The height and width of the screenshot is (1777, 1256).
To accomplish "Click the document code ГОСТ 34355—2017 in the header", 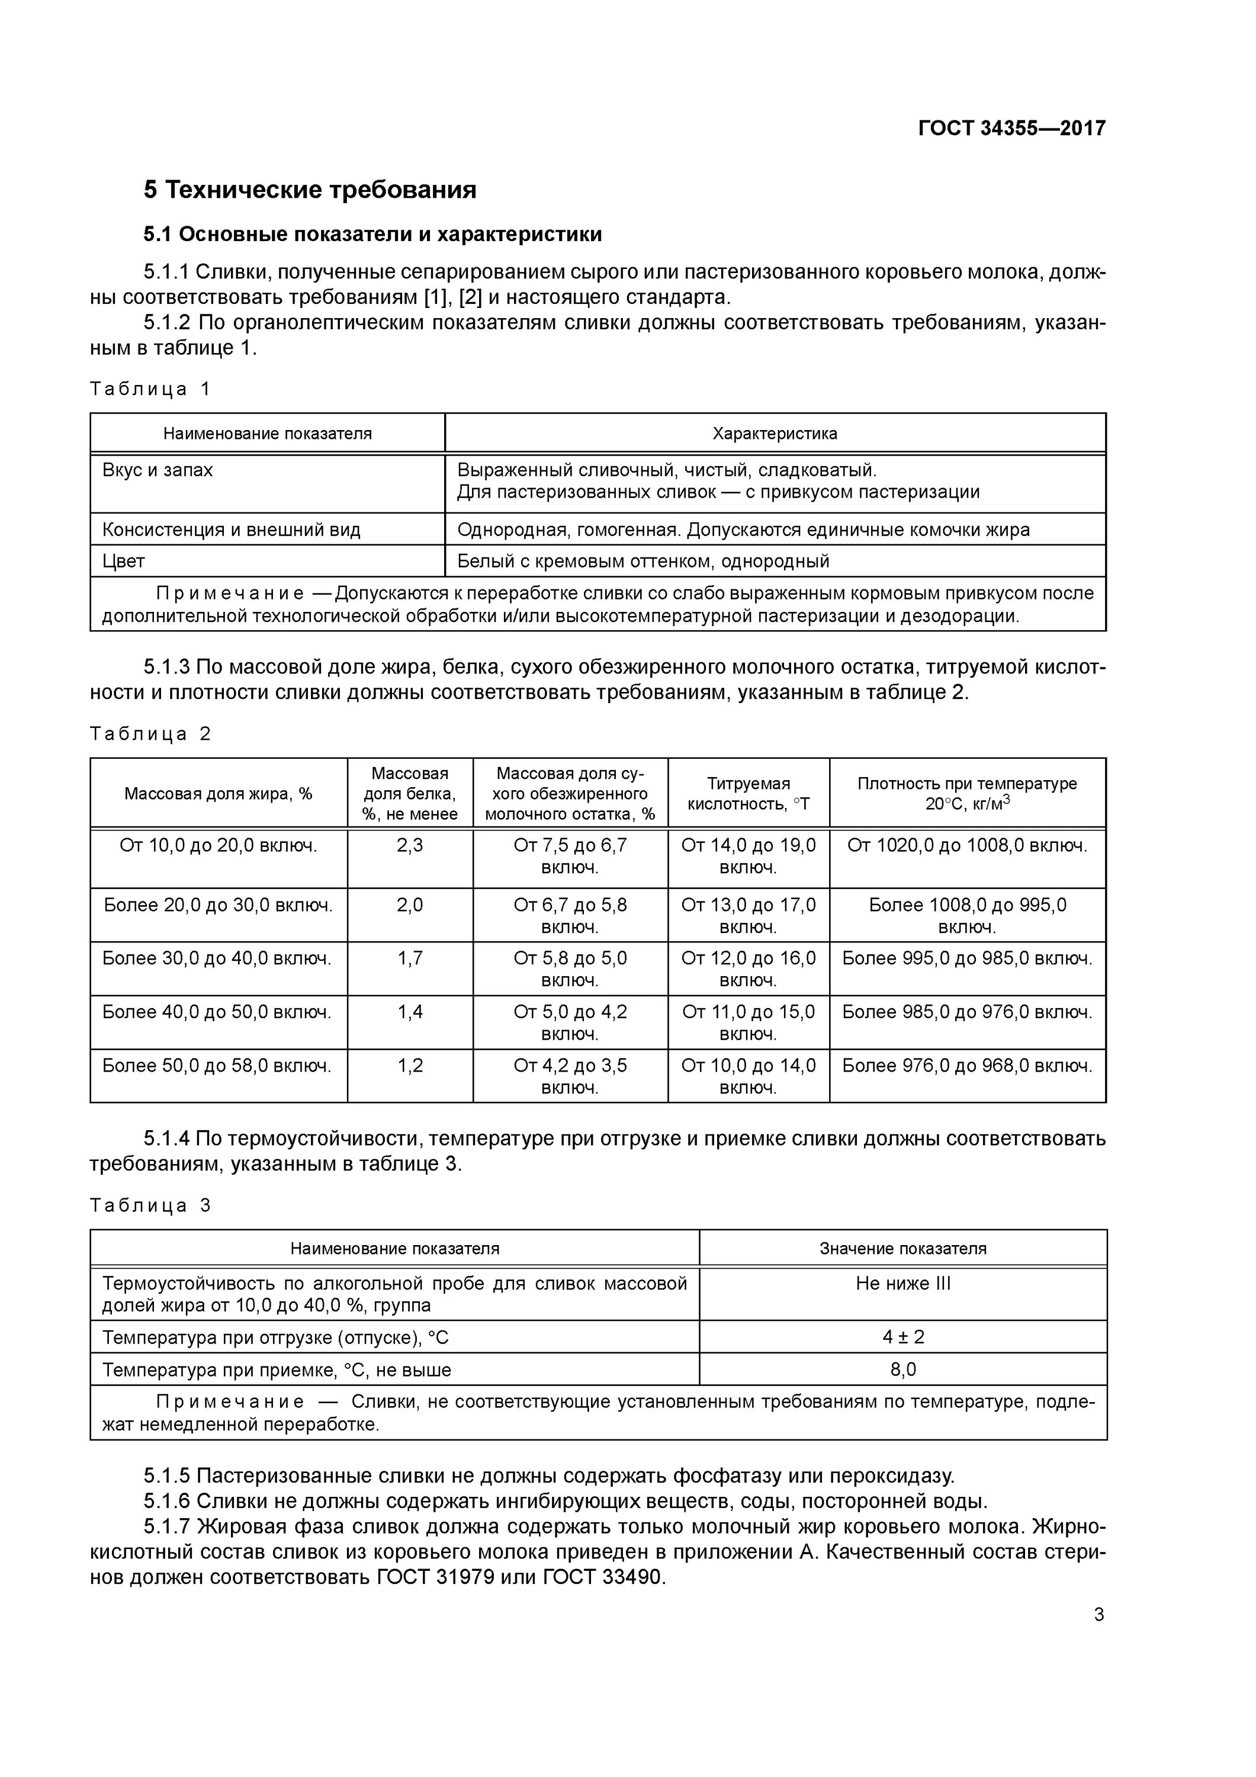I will [1011, 128].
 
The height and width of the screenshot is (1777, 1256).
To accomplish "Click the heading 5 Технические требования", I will [310, 190].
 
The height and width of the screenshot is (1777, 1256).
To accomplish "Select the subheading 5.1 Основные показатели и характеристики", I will [372, 234].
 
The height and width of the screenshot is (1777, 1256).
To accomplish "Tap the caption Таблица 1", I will [150, 389].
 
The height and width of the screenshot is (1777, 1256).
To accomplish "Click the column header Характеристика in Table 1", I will [775, 434].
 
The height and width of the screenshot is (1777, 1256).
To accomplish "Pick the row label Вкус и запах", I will [158, 470].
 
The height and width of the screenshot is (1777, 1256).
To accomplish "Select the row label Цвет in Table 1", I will [124, 561].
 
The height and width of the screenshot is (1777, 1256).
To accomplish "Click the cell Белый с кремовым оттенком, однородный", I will [643, 561].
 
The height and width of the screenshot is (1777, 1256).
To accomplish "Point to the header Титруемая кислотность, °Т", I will [749, 793].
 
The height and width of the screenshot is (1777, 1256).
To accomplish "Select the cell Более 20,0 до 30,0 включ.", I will [219, 904].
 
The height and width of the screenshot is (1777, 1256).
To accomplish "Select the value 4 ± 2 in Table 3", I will [902, 1337].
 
